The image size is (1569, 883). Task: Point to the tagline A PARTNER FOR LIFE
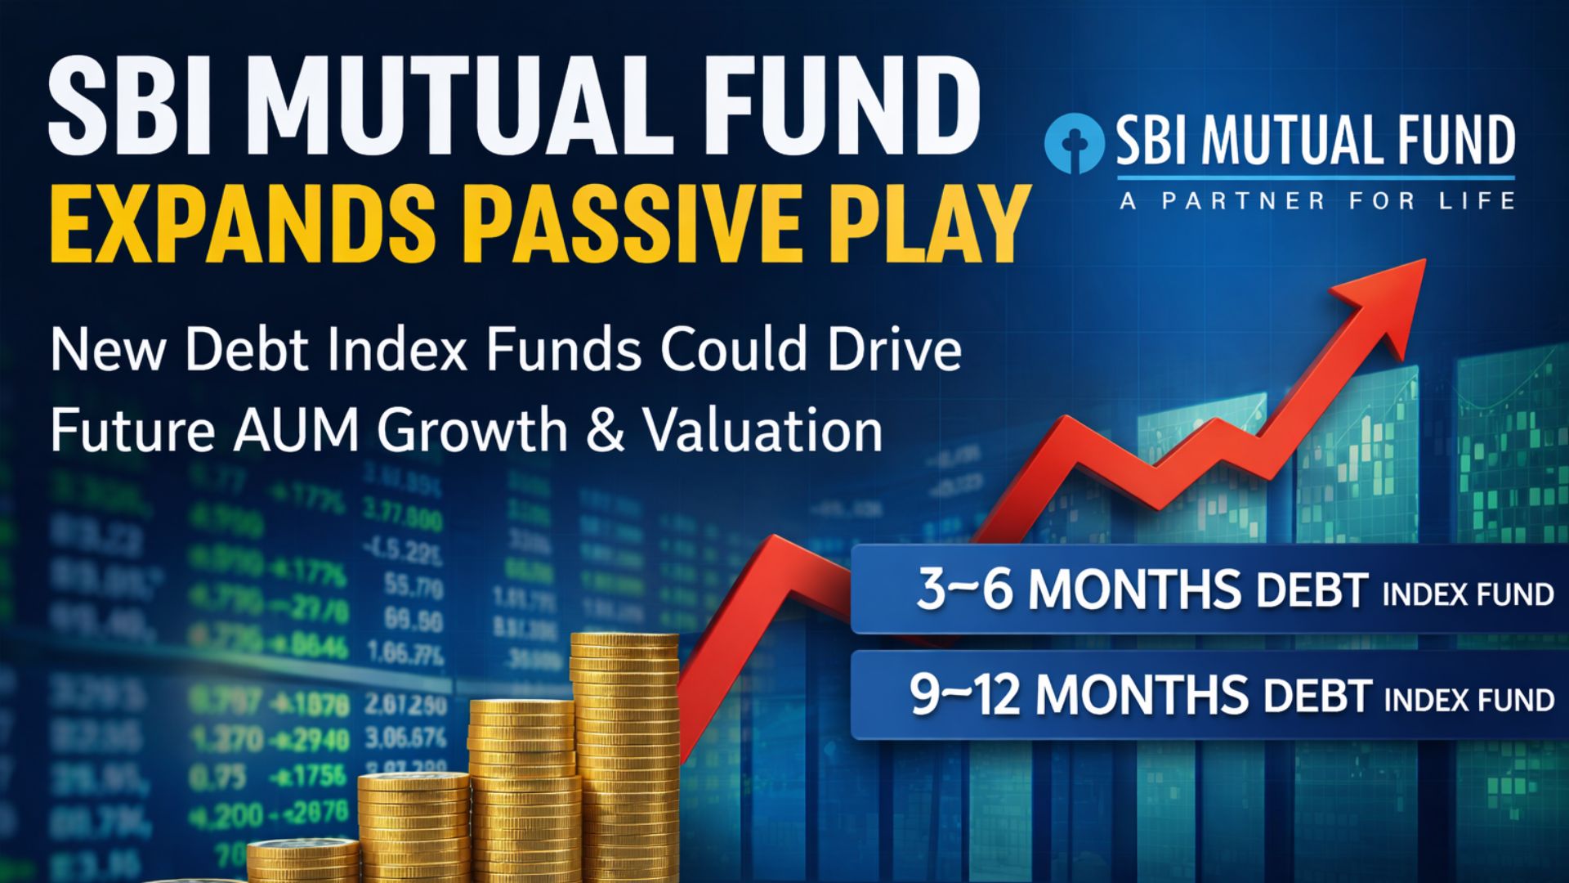pyautogui.click(x=1316, y=200)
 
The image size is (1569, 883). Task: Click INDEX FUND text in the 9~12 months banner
pyautogui.click(x=1468, y=700)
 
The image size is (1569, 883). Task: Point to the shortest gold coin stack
pyautogui.click(x=302, y=863)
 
